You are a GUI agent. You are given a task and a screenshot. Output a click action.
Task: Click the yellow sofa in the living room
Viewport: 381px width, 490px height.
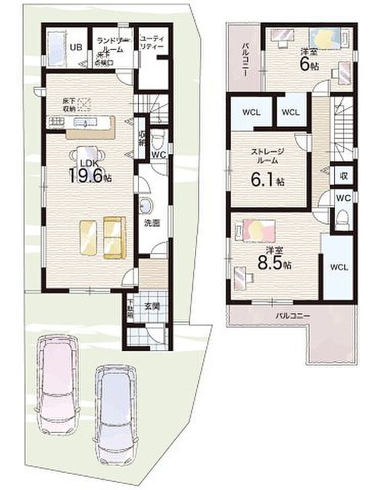click(x=114, y=237)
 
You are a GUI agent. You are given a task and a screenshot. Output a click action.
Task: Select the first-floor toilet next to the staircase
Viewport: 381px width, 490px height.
click(x=158, y=136)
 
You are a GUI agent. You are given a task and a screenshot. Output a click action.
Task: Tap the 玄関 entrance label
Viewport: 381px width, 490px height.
click(x=152, y=306)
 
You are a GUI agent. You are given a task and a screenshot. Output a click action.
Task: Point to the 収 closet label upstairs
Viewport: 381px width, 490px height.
click(x=345, y=176)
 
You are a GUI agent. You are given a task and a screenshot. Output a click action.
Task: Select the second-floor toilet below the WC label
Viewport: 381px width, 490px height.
click(x=343, y=218)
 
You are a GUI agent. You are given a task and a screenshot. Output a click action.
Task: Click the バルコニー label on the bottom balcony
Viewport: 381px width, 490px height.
click(x=292, y=315)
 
